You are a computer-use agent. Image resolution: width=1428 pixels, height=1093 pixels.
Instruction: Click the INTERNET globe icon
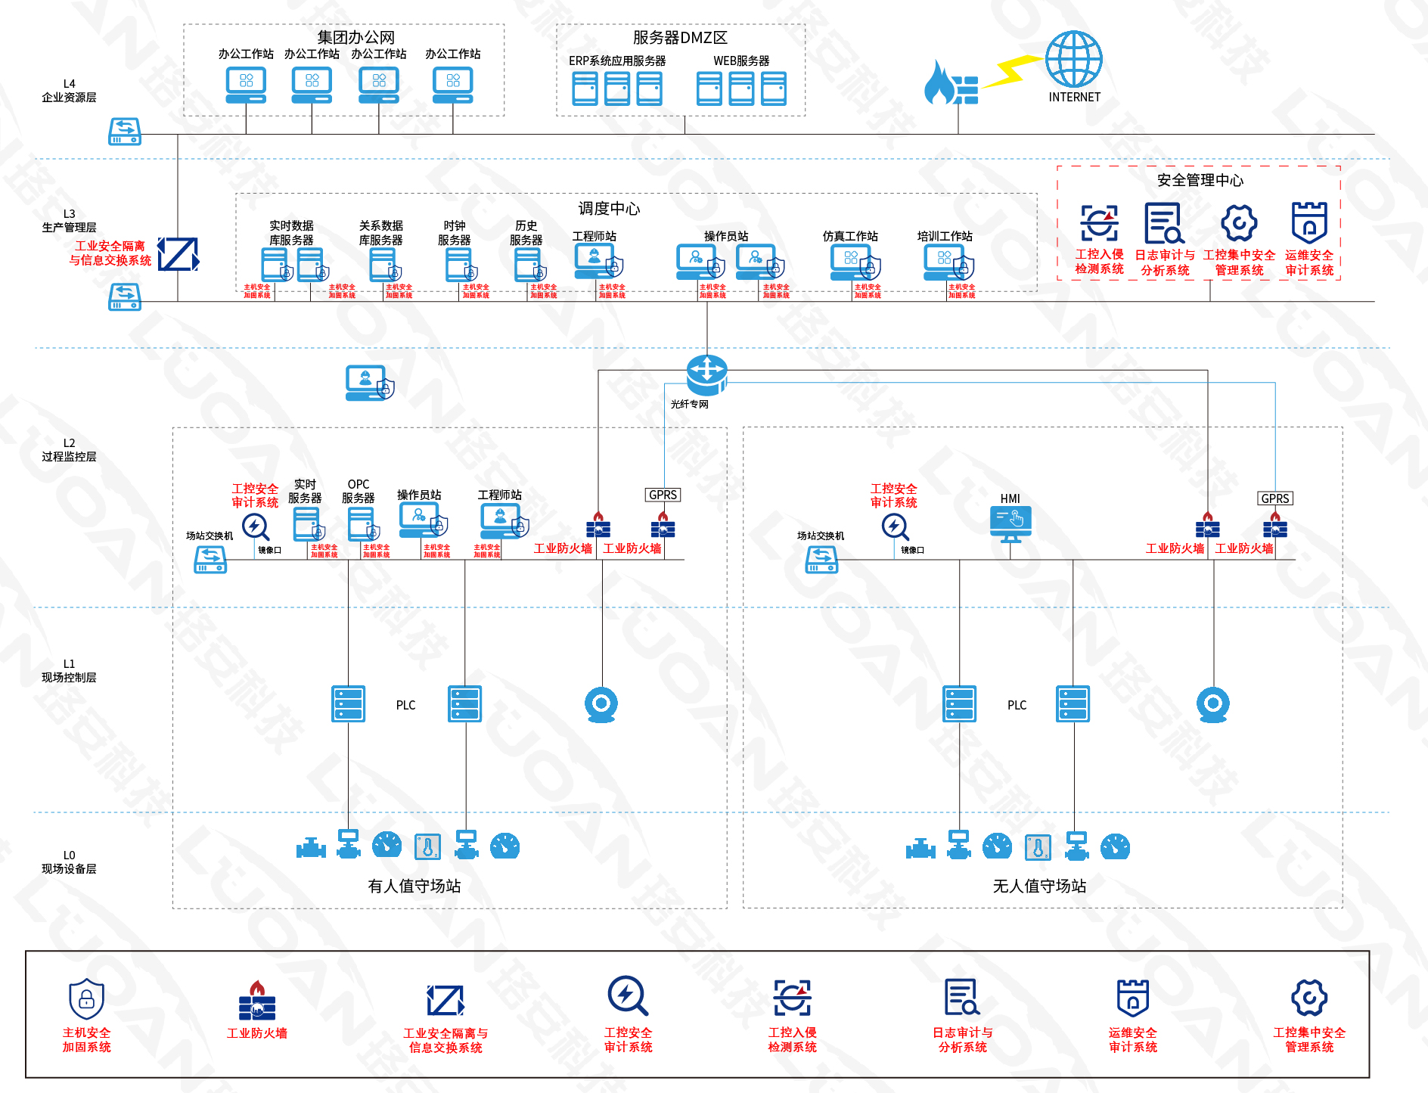tap(1073, 59)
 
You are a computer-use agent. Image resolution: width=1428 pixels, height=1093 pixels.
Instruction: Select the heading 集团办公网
tap(355, 37)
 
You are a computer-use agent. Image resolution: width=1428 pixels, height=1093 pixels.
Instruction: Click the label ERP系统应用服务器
tap(617, 61)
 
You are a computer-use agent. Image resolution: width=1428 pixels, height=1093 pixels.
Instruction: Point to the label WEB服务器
tap(741, 61)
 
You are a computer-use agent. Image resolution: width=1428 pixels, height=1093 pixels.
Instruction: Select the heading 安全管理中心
tap(1200, 180)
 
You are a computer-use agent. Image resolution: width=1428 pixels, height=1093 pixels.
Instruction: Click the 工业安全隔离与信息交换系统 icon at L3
tap(178, 254)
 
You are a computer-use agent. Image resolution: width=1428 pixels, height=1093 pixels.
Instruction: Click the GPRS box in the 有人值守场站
tap(663, 495)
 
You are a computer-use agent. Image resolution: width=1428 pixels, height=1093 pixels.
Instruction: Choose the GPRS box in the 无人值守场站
tap(1275, 498)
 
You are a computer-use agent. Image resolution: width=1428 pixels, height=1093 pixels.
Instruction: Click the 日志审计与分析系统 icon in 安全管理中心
tap(1163, 223)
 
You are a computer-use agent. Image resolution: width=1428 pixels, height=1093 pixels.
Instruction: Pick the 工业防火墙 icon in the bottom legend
tap(257, 1000)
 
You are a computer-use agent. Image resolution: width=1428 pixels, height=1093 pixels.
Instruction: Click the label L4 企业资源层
tap(69, 91)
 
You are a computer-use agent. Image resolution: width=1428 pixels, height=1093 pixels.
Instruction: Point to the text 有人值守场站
tap(414, 886)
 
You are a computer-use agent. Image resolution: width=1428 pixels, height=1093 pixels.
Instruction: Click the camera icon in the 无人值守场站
tap(1212, 704)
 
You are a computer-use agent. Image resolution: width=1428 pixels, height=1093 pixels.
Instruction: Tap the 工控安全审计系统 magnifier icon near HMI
tap(895, 526)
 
